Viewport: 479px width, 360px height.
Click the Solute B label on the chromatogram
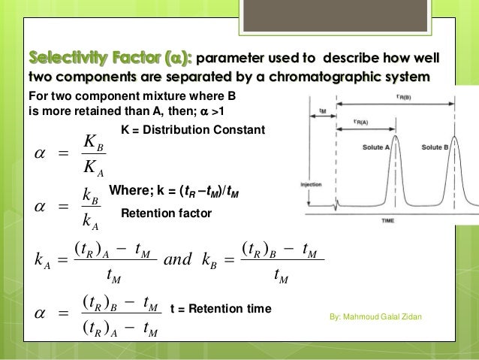(435, 148)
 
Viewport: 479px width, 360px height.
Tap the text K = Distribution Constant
(193, 130)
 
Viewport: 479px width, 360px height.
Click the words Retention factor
(167, 214)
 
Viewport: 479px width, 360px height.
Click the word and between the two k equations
(178, 259)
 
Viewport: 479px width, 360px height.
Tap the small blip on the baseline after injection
(339, 202)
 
